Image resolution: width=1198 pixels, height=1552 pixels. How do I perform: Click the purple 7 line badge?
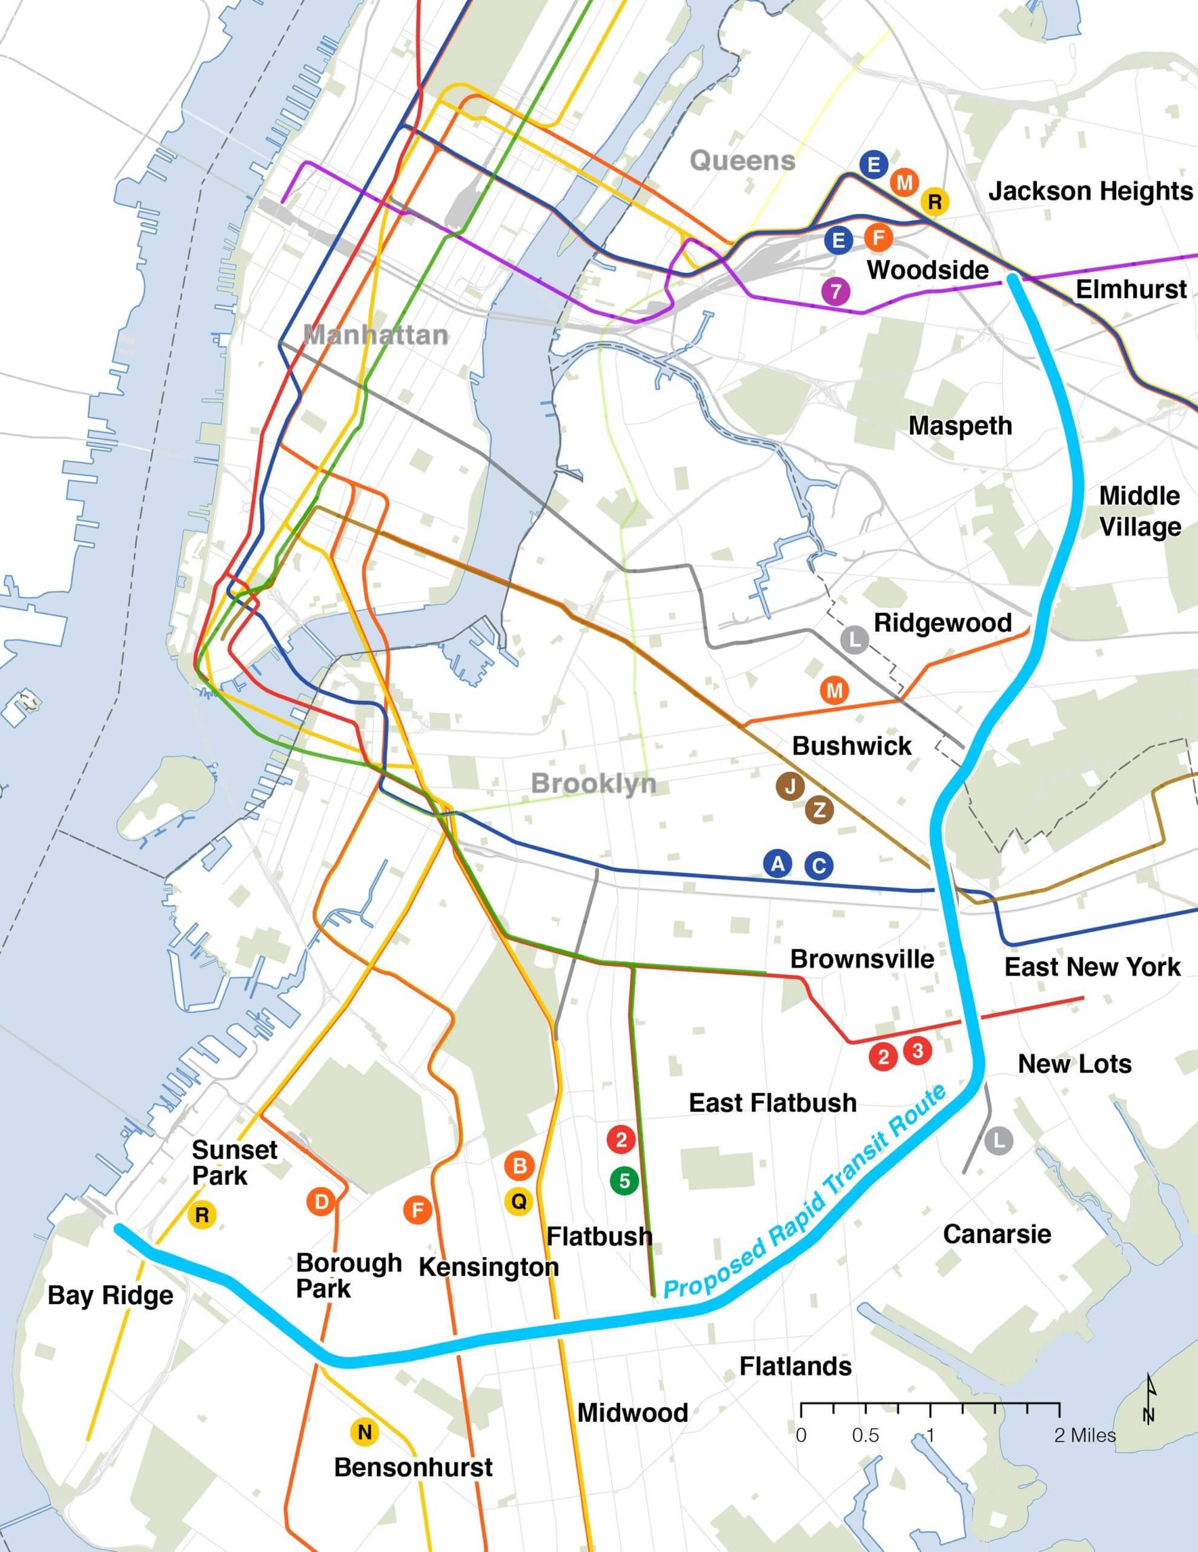[836, 292]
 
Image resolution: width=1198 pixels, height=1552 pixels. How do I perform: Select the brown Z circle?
[819, 810]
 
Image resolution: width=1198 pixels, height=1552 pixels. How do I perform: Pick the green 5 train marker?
[624, 1181]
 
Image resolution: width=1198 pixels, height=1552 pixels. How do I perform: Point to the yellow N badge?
[364, 1431]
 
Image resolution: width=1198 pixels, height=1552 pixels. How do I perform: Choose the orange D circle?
[321, 1202]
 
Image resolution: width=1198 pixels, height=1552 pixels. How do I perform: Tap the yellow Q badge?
[519, 1202]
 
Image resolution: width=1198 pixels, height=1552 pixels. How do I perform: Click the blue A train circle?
[778, 864]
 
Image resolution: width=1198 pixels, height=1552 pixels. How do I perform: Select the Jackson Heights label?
[1090, 191]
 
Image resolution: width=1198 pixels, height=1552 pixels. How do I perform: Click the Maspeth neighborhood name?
[960, 426]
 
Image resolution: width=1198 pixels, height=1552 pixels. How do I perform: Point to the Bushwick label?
[852, 746]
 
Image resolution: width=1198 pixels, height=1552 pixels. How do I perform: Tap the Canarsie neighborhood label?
[996, 1234]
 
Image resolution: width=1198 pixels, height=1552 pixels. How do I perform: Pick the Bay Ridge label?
[110, 1295]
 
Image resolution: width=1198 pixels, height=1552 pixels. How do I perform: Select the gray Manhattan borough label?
[376, 335]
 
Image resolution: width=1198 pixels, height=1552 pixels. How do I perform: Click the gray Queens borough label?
[742, 161]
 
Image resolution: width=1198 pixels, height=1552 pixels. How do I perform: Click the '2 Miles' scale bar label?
[1084, 1435]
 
